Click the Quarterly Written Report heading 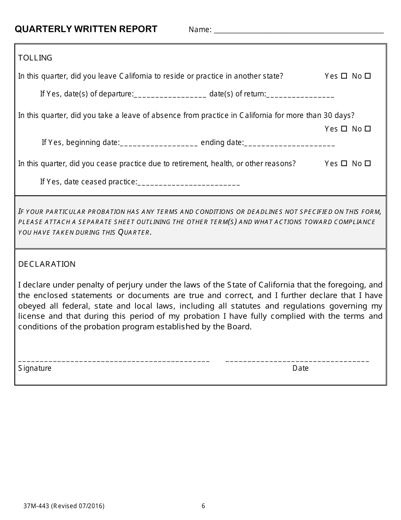pyautogui.click(x=86, y=29)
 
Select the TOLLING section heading pyautogui.click(x=35, y=58)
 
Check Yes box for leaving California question pyautogui.click(x=344, y=76)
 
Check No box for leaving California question pyautogui.click(x=368, y=76)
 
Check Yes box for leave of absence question pyautogui.click(x=344, y=129)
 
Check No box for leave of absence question pyautogui.click(x=368, y=129)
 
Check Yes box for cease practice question pyautogui.click(x=344, y=163)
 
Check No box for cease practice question pyautogui.click(x=368, y=163)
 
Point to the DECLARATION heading pyautogui.click(x=47, y=264)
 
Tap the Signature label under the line pyautogui.click(x=35, y=368)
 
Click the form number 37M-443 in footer pyautogui.click(x=36, y=506)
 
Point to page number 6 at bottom pyautogui.click(x=203, y=506)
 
